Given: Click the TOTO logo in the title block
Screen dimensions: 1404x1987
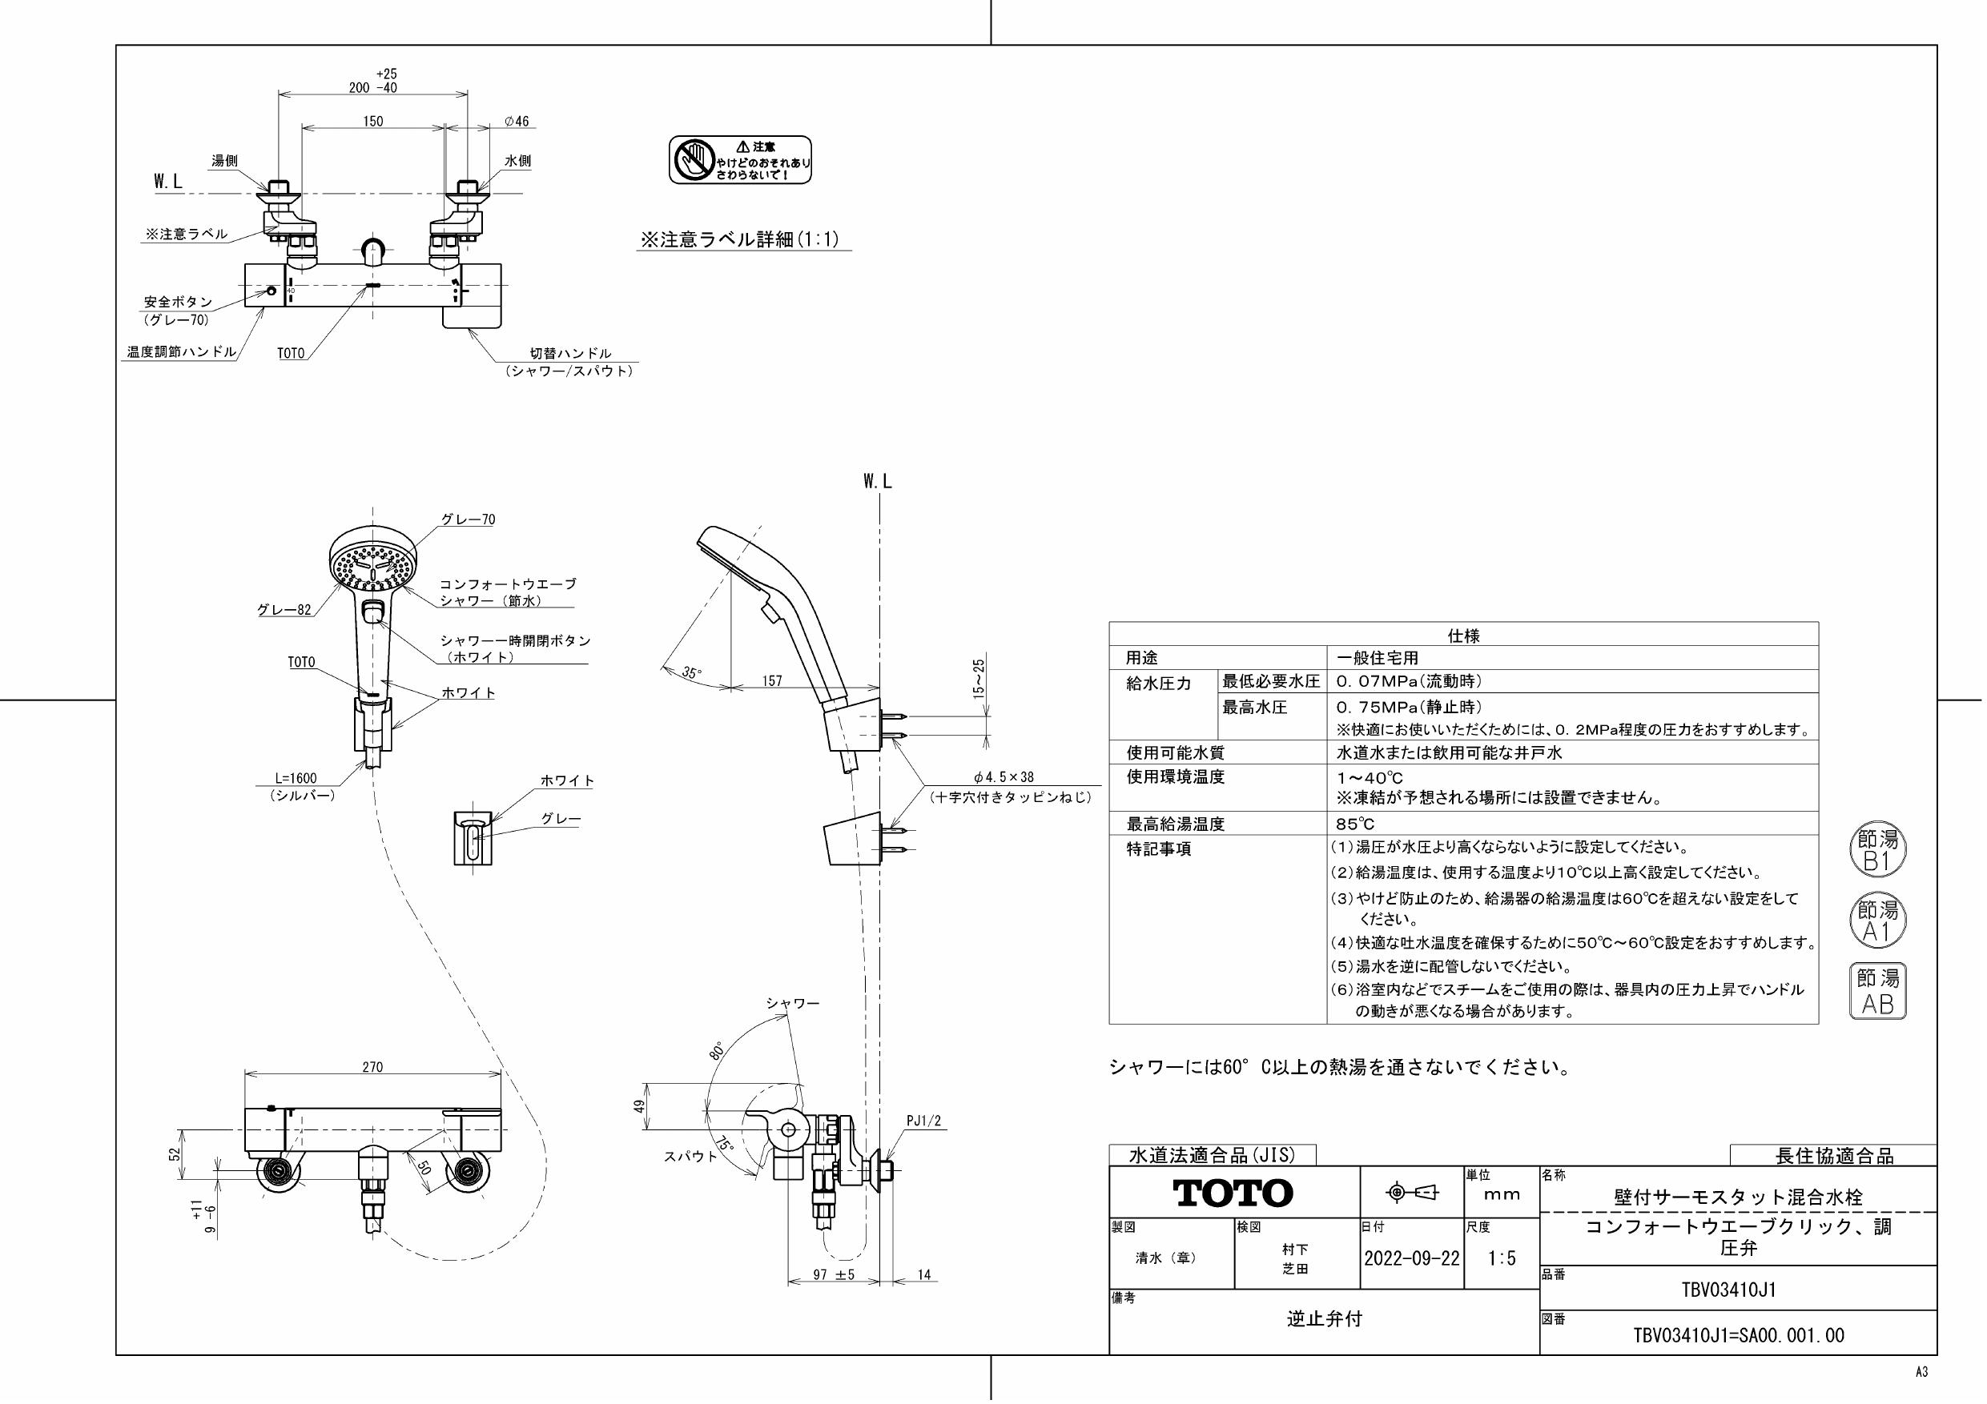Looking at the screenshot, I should (x=1233, y=1193).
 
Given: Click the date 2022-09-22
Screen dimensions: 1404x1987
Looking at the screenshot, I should (x=1411, y=1258).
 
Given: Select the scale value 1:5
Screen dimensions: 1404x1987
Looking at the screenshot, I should (x=1502, y=1258).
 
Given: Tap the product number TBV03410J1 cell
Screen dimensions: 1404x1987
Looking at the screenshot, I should (x=1737, y=1290).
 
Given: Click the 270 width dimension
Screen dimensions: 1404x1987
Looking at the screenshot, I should (x=372, y=1068).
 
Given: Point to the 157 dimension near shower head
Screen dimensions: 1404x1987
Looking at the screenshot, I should (x=772, y=681).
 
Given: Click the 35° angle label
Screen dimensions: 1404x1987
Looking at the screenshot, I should (x=690, y=672).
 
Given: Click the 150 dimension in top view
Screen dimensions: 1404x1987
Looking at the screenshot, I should (x=372, y=122).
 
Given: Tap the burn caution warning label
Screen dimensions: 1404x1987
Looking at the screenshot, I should (x=740, y=159).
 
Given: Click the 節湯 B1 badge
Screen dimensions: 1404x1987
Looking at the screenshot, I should (x=1878, y=850).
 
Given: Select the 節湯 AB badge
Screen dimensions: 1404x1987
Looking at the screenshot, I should (x=1878, y=990).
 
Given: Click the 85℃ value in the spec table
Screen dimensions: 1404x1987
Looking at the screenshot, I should (x=1354, y=824).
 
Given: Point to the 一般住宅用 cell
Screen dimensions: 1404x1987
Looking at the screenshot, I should (x=1377, y=658).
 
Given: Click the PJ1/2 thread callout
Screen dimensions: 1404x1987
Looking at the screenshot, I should (x=923, y=1121).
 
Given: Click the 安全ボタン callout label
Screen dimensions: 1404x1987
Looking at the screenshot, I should (x=178, y=302).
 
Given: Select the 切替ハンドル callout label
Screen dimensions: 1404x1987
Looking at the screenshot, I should (x=570, y=354).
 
